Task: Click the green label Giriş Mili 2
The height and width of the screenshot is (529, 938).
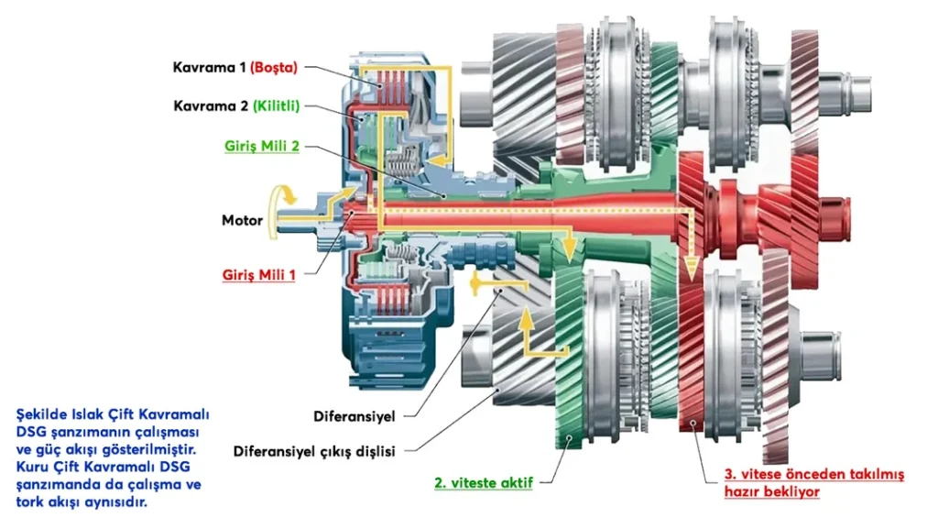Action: click(262, 146)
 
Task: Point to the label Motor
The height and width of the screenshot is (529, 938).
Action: click(243, 220)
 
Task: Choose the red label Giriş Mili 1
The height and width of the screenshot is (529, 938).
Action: click(259, 274)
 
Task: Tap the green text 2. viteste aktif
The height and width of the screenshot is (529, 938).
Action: click(484, 480)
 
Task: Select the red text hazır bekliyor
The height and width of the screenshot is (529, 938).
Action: click(771, 491)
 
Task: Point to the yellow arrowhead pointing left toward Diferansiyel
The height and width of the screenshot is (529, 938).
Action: click(475, 284)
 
